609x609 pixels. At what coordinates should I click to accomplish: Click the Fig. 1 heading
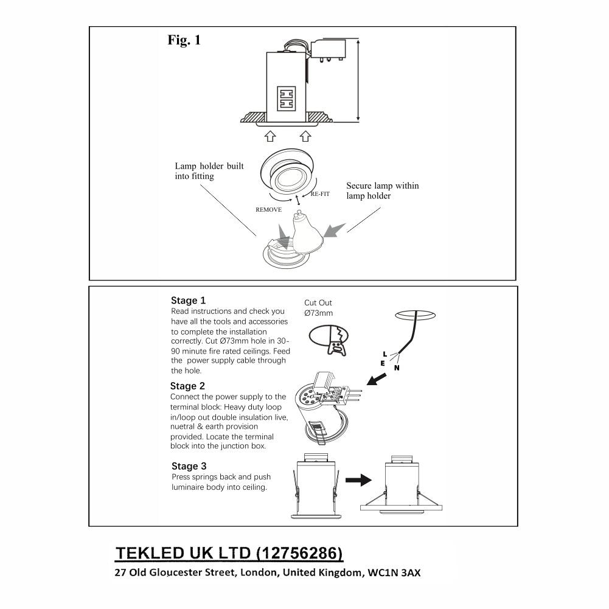pyautogui.click(x=184, y=41)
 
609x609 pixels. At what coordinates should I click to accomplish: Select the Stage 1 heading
pyautogui.click(x=188, y=301)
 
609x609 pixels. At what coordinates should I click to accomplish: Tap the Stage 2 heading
pyautogui.click(x=187, y=386)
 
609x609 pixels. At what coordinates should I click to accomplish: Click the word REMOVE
pyautogui.click(x=268, y=209)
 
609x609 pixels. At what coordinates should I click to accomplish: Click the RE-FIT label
pyautogui.click(x=321, y=193)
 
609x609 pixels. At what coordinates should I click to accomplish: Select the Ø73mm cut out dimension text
pyautogui.click(x=319, y=313)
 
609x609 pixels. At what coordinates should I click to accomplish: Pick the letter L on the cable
pyautogui.click(x=384, y=353)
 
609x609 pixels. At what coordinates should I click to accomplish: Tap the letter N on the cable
pyautogui.click(x=397, y=367)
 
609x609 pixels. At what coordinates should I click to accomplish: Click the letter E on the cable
pyautogui.click(x=382, y=363)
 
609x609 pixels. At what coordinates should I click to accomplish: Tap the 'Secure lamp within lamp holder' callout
pyautogui.click(x=382, y=191)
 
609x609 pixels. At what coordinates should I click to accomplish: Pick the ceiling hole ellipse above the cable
pyautogui.click(x=415, y=315)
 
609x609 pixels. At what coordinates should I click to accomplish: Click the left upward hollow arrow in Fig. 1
pyautogui.click(x=270, y=137)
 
